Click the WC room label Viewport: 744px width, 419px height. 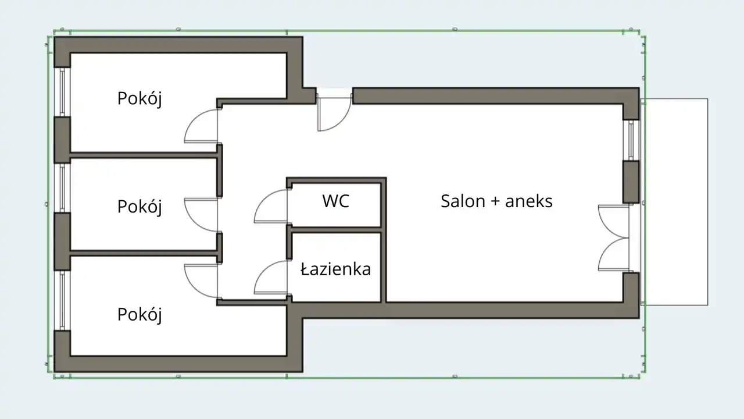click(x=336, y=201)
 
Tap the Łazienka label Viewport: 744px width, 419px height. click(x=336, y=269)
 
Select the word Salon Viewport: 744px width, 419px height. click(x=462, y=201)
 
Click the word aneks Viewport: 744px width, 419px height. click(x=529, y=201)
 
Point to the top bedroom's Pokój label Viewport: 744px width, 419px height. click(x=139, y=98)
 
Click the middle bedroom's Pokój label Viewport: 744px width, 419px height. click(x=139, y=207)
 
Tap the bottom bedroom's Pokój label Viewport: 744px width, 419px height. click(x=139, y=314)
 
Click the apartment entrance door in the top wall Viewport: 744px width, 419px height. click(x=334, y=111)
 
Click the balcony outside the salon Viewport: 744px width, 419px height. click(x=674, y=201)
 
